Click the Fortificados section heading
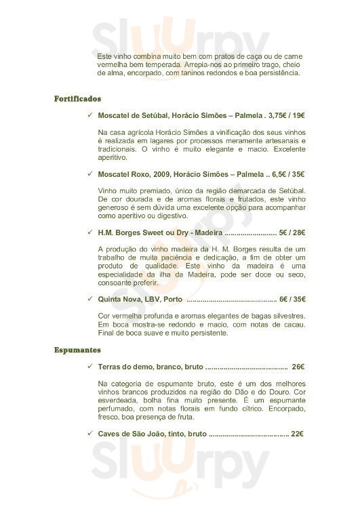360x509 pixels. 77,99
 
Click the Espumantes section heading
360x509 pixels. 77,350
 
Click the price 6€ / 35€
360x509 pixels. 292,299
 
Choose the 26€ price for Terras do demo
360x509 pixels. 298,367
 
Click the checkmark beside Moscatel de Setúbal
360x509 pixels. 90,115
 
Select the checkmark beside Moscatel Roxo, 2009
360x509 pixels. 90,174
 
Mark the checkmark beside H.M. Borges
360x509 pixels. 90,232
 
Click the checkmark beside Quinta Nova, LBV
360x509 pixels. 90,299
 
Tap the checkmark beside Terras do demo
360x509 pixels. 90,367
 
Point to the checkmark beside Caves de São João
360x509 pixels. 90,433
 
